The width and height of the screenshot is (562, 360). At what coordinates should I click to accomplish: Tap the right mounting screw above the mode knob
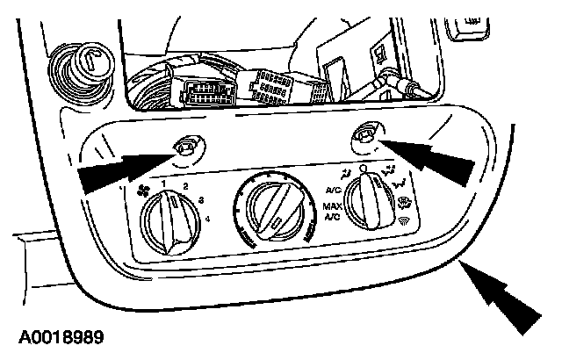click(x=363, y=135)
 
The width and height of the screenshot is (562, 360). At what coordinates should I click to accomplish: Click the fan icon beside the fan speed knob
click(x=141, y=190)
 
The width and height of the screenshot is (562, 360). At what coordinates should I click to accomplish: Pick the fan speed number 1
click(x=164, y=182)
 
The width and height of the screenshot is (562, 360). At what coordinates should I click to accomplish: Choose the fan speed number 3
click(x=201, y=202)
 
